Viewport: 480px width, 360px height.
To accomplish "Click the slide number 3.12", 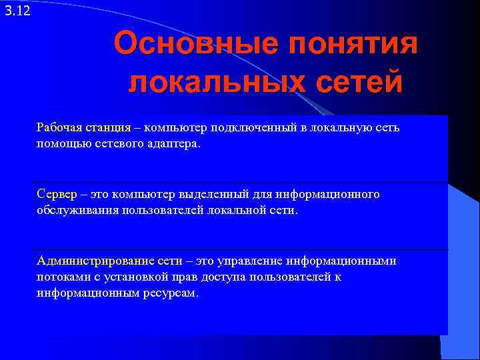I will (x=17, y=11).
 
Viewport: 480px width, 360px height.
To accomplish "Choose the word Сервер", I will (x=57, y=194).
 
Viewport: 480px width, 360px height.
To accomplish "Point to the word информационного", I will (x=327, y=194).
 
